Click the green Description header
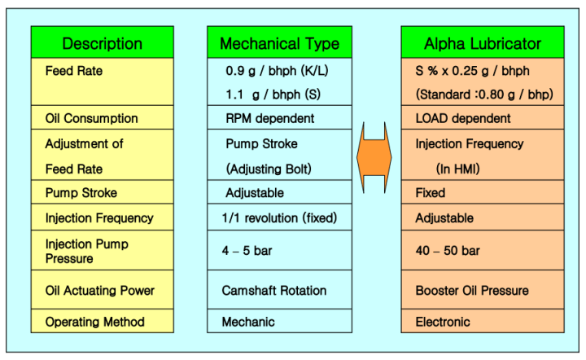click(x=103, y=43)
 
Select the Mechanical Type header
click(x=279, y=43)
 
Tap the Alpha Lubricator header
click(x=483, y=43)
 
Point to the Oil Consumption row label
click(x=91, y=118)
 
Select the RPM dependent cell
click(x=271, y=118)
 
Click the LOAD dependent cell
click(x=463, y=118)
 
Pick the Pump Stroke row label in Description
click(x=81, y=193)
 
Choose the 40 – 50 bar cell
click(x=448, y=250)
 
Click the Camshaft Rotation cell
click(x=274, y=290)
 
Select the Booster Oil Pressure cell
click(x=471, y=290)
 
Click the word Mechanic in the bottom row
click(x=248, y=321)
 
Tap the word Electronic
click(x=443, y=321)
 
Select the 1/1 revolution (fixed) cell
click(x=282, y=218)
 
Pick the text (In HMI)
click(x=460, y=169)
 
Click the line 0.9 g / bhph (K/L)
click(x=277, y=70)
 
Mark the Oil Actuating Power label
click(x=99, y=290)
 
